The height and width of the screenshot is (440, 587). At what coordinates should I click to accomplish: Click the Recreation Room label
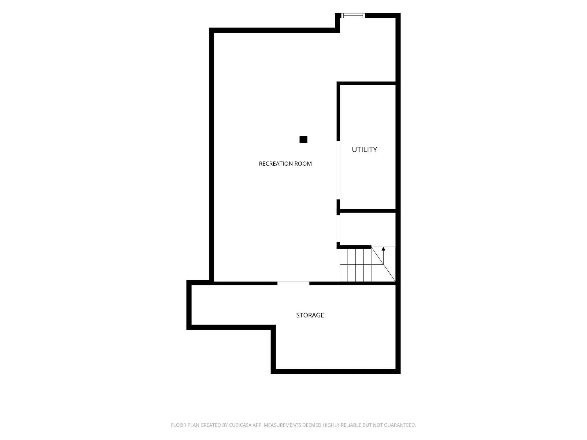[x=285, y=164]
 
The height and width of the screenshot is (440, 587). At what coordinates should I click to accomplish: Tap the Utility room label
[x=364, y=149]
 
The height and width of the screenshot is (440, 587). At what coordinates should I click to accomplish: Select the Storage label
[x=310, y=315]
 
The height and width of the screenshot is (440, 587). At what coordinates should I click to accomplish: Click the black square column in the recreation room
[x=303, y=139]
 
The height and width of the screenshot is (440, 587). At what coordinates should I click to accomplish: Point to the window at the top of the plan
[x=353, y=16]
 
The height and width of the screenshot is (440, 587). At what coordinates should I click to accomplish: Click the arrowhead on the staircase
[x=383, y=249]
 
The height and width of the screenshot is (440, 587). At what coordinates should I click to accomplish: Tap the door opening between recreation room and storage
[x=293, y=283]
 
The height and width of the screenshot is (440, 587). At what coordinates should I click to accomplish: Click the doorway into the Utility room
[x=338, y=170]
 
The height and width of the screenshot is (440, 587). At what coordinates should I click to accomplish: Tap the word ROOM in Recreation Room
[x=303, y=164]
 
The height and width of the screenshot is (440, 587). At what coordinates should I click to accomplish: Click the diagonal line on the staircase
[x=383, y=264]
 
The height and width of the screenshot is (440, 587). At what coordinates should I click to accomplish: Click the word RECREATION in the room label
[x=276, y=164]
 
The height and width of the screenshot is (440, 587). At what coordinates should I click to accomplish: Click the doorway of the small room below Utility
[x=338, y=229]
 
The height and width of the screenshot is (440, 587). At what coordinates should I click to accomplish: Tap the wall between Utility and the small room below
[x=368, y=211]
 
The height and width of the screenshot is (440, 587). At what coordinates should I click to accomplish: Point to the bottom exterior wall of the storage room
[x=336, y=372]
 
